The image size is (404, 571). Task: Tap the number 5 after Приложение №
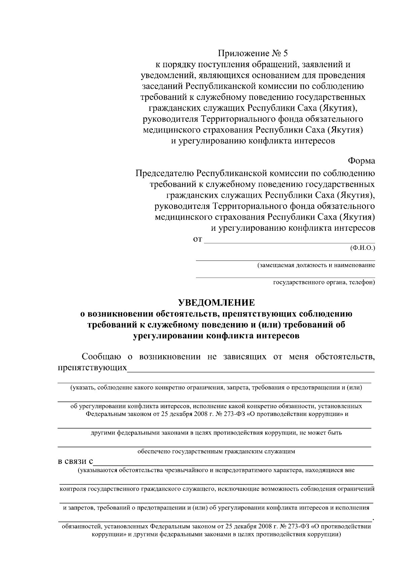pos(286,53)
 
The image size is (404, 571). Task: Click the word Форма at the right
pos(362,161)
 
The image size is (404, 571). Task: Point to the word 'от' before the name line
pos(197,240)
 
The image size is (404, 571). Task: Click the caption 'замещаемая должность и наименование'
pos(316,265)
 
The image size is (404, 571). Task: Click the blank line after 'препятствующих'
pos(251,371)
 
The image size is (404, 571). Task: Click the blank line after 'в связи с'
pos(232,464)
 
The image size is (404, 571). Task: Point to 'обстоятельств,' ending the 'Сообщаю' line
pos(345,356)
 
